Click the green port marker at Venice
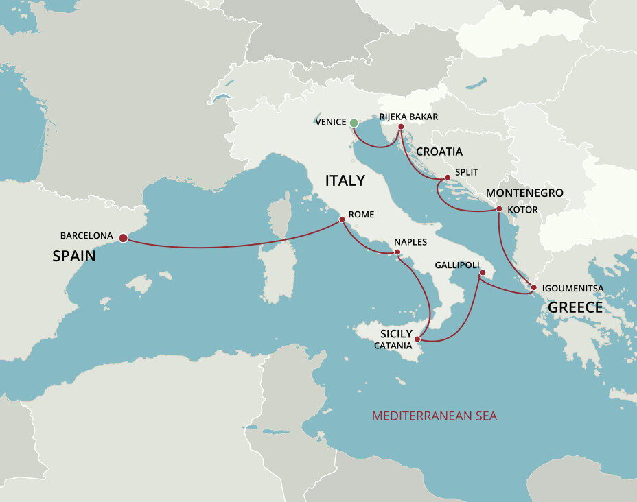pyautogui.click(x=354, y=123)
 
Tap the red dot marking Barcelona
pyautogui.click(x=123, y=238)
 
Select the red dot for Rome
pyautogui.click(x=342, y=219)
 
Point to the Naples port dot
pyautogui.click(x=397, y=252)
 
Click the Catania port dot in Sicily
pyautogui.click(x=417, y=339)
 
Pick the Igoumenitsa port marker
pyautogui.click(x=533, y=288)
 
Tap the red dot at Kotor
pyautogui.click(x=499, y=209)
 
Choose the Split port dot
pyautogui.click(x=448, y=178)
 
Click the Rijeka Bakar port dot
pyautogui.click(x=401, y=127)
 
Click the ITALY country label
pyautogui.click(x=345, y=180)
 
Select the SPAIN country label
pyautogui.click(x=73, y=256)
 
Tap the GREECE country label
pyautogui.click(x=575, y=307)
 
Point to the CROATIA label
pyautogui.click(x=439, y=152)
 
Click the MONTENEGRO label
pyautogui.click(x=524, y=193)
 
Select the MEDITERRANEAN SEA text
pyautogui.click(x=434, y=416)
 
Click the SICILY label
pyautogui.click(x=396, y=333)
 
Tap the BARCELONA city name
pyautogui.click(x=86, y=235)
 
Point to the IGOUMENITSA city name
pyautogui.click(x=573, y=288)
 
